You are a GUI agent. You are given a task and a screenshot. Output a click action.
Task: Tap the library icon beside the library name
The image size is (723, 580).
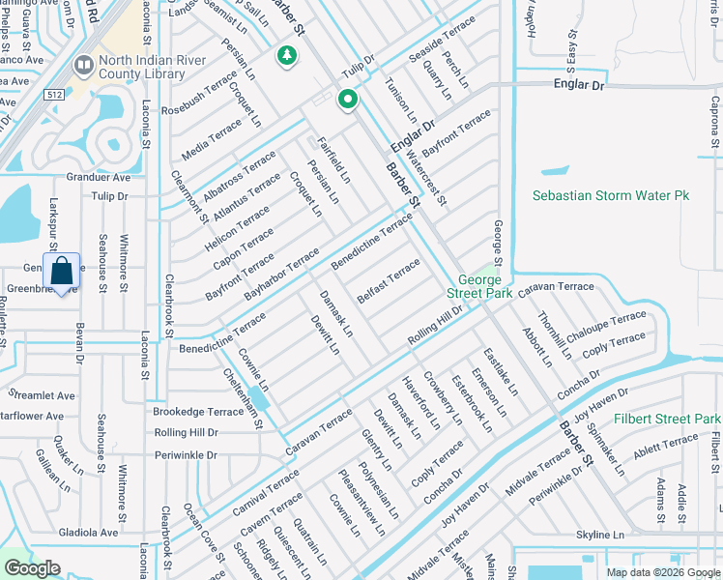[80, 66]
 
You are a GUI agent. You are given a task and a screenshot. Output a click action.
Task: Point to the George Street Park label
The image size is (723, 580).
[479, 285]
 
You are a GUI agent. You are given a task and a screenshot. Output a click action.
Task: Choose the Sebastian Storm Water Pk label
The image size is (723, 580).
[611, 195]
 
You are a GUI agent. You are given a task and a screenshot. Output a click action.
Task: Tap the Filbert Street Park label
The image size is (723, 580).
[667, 419]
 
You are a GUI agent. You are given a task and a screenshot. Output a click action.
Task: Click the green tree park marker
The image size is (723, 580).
[286, 57]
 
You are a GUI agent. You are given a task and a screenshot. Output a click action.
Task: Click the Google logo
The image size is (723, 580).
[32, 568]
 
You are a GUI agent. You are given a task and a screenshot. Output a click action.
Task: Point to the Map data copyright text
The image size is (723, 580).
[662, 572]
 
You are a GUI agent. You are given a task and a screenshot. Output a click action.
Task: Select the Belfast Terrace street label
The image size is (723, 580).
[389, 279]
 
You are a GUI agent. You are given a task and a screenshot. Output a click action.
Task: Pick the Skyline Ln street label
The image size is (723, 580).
[600, 535]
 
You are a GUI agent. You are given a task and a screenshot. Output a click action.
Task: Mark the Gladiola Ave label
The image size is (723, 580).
[88, 532]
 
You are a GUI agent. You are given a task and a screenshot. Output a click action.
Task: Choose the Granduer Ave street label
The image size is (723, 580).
[98, 178]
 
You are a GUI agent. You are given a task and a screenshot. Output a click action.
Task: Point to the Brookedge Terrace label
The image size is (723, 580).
[199, 411]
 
